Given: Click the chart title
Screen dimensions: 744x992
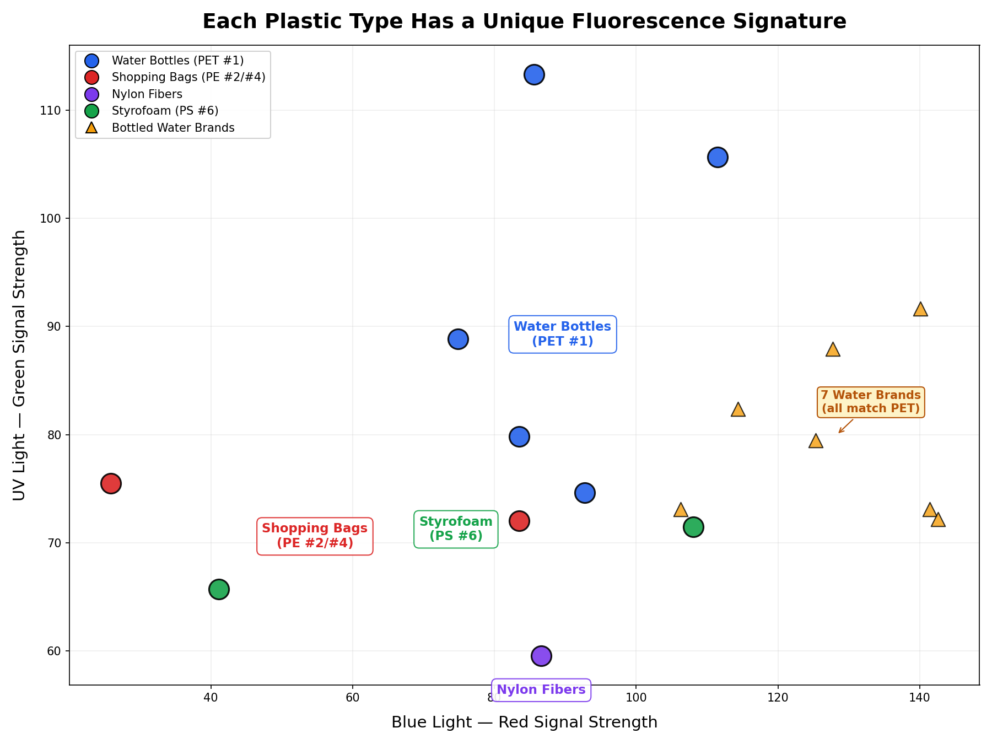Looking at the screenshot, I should pos(524,21).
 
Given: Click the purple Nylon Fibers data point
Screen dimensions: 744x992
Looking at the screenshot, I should pos(541,656).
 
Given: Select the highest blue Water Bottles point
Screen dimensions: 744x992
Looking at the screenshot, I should pos(534,74).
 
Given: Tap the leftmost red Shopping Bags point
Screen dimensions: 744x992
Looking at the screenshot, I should pos(111,483).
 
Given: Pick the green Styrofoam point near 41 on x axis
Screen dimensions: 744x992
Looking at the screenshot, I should pos(219,589).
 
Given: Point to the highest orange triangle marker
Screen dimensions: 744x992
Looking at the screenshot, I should pos(920,310).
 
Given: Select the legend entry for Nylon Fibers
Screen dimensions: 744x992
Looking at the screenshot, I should pos(147,94).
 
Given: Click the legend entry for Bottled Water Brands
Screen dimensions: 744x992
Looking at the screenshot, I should pos(172,128).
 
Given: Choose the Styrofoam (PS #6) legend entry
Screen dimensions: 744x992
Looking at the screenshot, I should pos(165,111).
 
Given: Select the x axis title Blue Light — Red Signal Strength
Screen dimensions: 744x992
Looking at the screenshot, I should pos(524,722).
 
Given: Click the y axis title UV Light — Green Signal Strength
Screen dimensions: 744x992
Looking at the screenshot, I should pos(19,365).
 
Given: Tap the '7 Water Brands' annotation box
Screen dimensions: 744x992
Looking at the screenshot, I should pos(870,402).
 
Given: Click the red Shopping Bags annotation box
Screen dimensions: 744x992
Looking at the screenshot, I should pos(315,536).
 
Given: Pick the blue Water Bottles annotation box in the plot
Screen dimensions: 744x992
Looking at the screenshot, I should pos(562,334).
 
